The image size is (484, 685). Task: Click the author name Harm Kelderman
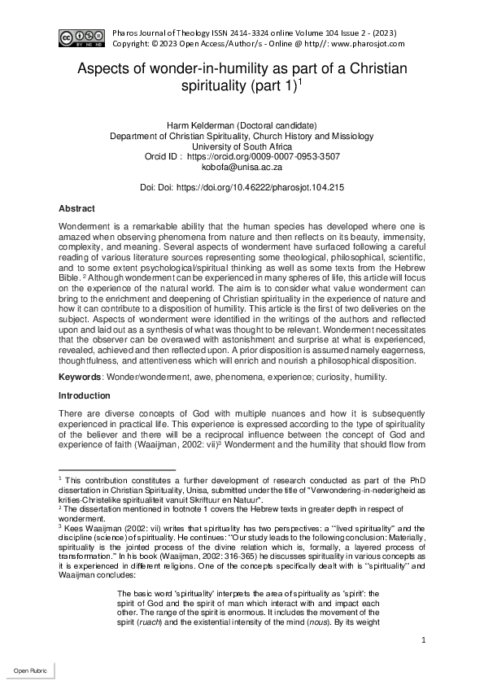[197, 124]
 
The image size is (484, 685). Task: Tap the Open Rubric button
[28, 670]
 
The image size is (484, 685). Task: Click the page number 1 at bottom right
[425, 640]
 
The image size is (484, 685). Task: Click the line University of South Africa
[242, 146]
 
